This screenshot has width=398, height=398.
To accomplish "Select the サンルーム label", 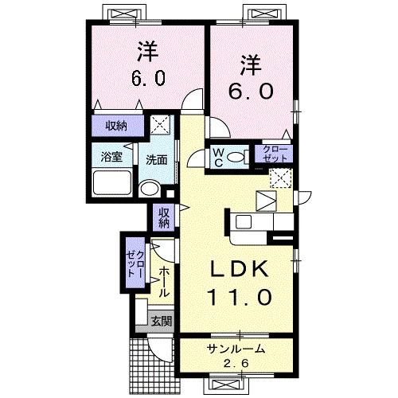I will (236, 350).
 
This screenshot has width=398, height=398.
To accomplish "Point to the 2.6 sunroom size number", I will (236, 364).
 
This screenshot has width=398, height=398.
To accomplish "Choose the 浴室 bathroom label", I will (111, 158).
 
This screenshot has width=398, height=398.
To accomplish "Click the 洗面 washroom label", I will (156, 159).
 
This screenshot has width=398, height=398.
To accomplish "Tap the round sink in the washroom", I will (149, 189).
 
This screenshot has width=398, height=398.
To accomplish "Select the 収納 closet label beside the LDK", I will (163, 217).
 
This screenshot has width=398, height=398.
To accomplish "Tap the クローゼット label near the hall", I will (135, 260).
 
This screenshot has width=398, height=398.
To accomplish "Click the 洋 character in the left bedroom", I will (146, 52).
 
